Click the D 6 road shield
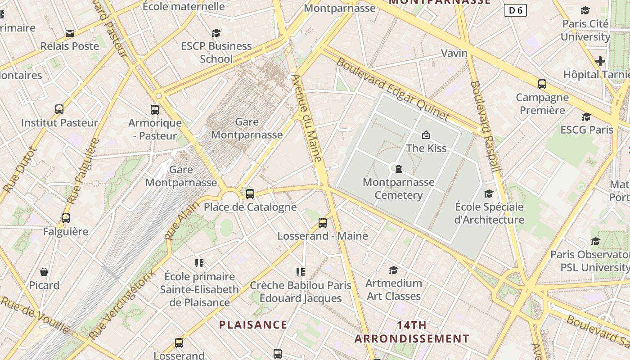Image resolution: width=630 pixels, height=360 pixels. click(515, 10)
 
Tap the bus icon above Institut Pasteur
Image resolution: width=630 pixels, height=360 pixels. click(59, 109)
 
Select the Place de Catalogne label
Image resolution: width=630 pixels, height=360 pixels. click(250, 207)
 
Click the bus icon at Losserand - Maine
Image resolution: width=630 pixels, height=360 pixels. click(322, 222)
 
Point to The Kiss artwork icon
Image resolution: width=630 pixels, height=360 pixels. click(426, 135)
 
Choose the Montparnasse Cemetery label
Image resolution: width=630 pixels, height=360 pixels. click(399, 189)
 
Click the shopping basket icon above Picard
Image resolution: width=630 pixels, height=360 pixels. click(44, 272)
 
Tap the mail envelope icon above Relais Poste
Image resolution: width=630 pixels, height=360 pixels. click(69, 33)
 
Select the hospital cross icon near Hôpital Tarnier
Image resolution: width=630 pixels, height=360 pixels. click(600, 61)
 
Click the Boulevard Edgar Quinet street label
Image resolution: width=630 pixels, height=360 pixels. click(392, 90)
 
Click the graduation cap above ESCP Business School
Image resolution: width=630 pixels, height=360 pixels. click(216, 33)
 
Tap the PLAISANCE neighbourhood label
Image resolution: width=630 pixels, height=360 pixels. click(253, 324)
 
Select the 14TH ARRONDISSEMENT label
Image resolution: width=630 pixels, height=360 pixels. click(411, 332)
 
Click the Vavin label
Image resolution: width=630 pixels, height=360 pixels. click(454, 53)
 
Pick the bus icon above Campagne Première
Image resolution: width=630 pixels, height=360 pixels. click(542, 84)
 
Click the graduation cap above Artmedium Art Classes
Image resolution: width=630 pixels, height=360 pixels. click(393, 270)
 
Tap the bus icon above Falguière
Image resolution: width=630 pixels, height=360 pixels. click(66, 218)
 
